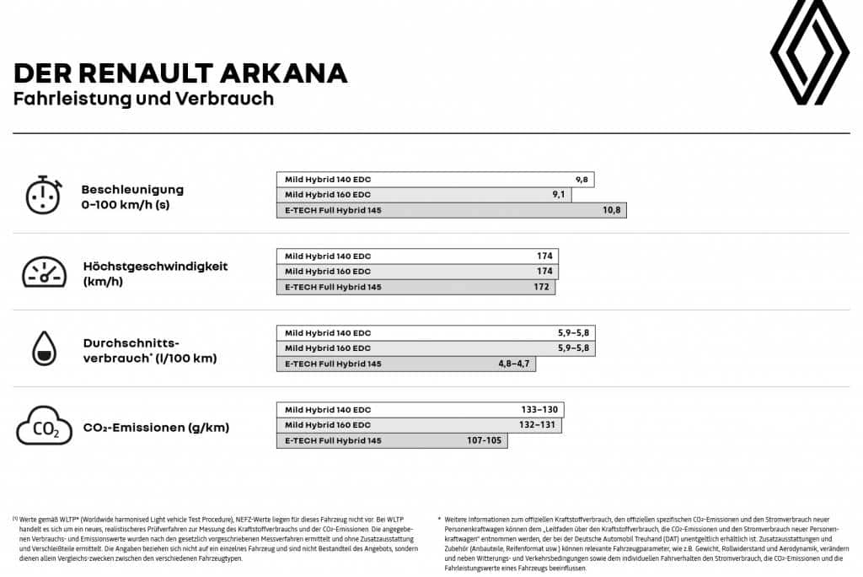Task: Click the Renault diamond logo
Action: tap(809, 52)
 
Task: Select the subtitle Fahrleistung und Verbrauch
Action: tap(143, 99)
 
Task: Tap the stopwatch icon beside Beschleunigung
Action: tap(43, 196)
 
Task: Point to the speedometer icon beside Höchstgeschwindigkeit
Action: tap(44, 272)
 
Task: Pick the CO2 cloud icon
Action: tap(44, 426)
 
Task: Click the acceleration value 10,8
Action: tap(611, 210)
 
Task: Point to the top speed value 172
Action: tap(542, 287)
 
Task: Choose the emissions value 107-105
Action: tap(484, 440)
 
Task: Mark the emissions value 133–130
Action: tap(539, 410)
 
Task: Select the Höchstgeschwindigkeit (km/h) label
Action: tap(155, 273)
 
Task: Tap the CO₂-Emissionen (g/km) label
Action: tap(156, 428)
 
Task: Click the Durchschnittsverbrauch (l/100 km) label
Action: tap(149, 350)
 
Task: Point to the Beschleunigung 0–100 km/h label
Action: tap(132, 197)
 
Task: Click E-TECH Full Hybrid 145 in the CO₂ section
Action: tap(333, 441)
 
